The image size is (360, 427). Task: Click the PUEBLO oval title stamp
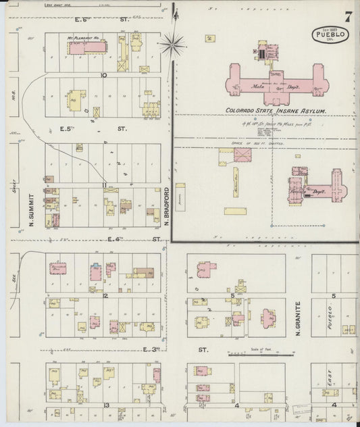pyautogui.click(x=330, y=34)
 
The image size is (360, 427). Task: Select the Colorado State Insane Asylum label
pyautogui.click(x=276, y=110)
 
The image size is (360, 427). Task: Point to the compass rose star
pyautogui.click(x=174, y=46)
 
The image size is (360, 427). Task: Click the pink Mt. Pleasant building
pyautogui.click(x=86, y=47)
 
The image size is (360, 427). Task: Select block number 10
pyautogui.click(x=103, y=75)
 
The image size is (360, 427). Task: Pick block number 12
pyautogui.click(x=105, y=295)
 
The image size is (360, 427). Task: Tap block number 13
pyautogui.click(x=106, y=405)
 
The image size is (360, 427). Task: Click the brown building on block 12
pyautogui.click(x=143, y=273)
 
